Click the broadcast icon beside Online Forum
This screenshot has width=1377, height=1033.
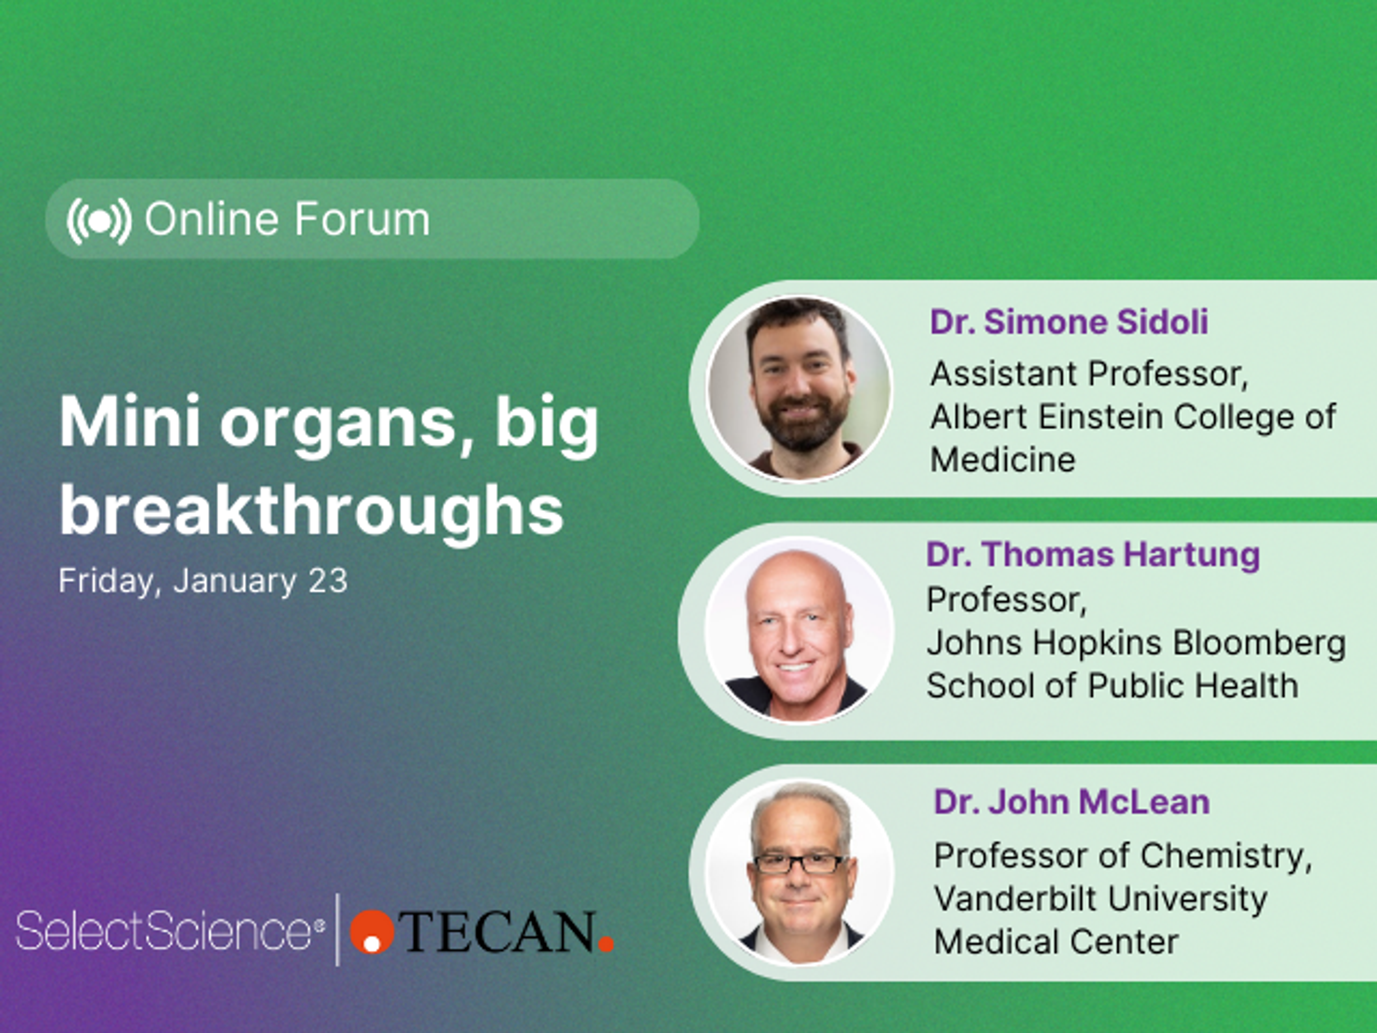tap(99, 221)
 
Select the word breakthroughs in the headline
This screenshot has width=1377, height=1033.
tap(311, 511)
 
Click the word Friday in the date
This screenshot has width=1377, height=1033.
tap(106, 581)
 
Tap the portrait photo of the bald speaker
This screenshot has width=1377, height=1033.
tap(799, 630)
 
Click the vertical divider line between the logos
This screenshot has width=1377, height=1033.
tap(338, 930)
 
